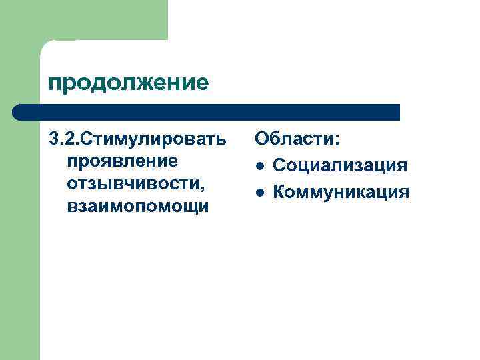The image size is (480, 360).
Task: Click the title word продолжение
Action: (x=129, y=83)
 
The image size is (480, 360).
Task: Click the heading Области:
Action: (x=297, y=140)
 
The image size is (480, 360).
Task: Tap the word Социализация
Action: (x=340, y=165)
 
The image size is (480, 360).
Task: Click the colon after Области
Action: (x=337, y=143)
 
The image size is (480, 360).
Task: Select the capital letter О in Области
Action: (x=262, y=140)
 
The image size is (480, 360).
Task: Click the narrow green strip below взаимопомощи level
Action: (x=20, y=280)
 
